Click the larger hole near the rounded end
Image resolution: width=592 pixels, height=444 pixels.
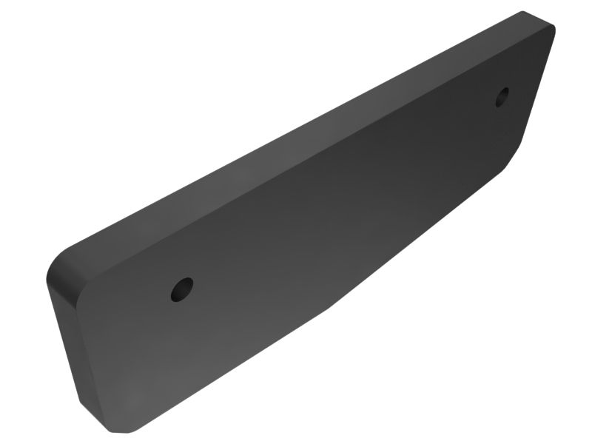point(181,289)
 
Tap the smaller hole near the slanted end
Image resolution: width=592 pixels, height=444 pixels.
point(502,96)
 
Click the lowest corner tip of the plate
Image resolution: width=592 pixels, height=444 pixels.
point(130,432)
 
